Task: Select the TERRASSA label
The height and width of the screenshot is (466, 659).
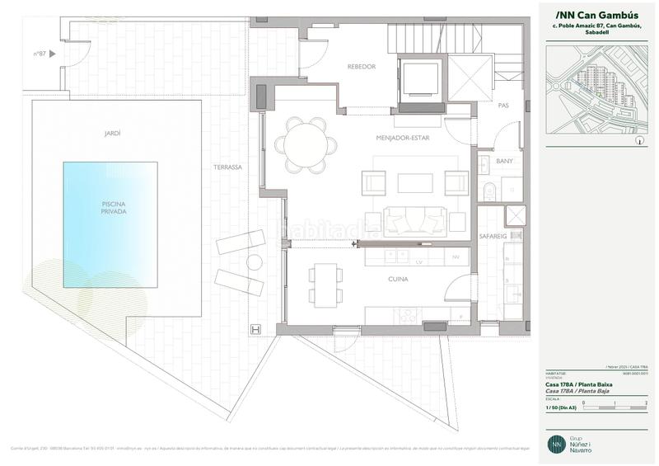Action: (x=227, y=167)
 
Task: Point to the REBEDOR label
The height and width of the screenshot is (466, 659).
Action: (x=362, y=67)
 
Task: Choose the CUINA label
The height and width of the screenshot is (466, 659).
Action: (x=399, y=280)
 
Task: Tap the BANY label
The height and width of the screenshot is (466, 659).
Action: (x=504, y=161)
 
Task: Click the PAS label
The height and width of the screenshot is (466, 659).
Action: (x=503, y=106)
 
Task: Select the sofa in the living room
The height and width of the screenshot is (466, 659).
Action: (x=414, y=219)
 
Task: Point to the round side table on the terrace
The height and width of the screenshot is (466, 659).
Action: (x=254, y=263)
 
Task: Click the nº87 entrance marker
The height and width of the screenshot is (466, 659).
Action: (x=44, y=54)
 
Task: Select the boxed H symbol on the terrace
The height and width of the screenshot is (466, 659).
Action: (x=255, y=330)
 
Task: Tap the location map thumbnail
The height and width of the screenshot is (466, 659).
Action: (x=598, y=91)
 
